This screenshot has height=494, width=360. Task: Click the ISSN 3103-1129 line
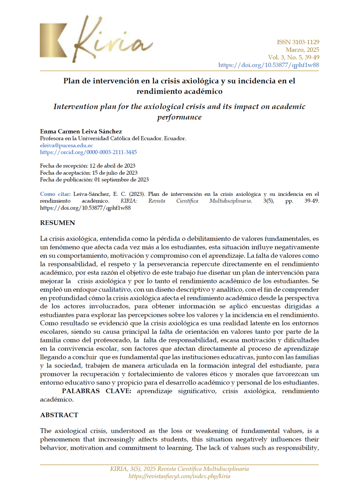[x=298, y=42]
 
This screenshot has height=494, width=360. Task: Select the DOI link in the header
[x=268, y=65]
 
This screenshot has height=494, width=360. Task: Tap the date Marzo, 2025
[x=302, y=50]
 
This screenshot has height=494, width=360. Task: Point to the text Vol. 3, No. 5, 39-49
[x=293, y=57]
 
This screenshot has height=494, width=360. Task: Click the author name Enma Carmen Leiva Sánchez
[x=81, y=131]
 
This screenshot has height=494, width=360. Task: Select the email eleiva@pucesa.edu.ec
[x=66, y=145]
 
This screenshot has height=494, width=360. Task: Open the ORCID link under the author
[x=88, y=152]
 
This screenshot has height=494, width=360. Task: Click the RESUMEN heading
[x=58, y=223]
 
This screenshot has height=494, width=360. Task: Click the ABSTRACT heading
[x=59, y=415]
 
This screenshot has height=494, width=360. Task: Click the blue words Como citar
[x=55, y=194]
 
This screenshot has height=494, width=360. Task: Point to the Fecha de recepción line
[x=87, y=166]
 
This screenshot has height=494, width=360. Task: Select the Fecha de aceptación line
[x=89, y=173]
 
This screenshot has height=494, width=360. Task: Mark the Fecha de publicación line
[x=94, y=180]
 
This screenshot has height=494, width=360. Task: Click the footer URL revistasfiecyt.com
[x=179, y=476]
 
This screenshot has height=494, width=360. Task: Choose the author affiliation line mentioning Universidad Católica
[x=113, y=139]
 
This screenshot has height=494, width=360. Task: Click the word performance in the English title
[x=179, y=117]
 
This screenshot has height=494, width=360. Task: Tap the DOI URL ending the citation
[x=85, y=208]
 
